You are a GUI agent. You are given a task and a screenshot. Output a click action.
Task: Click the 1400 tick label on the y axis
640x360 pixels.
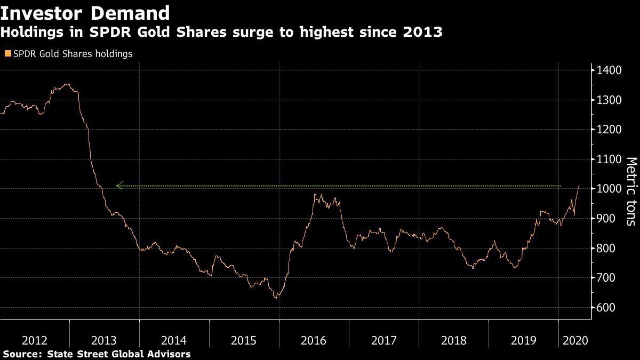click(x=609, y=70)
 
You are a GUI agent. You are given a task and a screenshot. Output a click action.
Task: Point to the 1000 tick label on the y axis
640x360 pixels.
click(x=609, y=189)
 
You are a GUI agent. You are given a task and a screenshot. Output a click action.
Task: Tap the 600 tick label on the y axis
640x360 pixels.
click(x=606, y=308)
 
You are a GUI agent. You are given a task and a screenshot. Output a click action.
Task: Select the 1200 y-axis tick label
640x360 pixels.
click(x=609, y=130)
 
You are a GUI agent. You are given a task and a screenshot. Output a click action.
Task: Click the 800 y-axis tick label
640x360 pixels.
click(x=606, y=249)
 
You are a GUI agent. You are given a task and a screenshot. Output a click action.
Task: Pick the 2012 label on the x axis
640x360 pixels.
click(x=35, y=340)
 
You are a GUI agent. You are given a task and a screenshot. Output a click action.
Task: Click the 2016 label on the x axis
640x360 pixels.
click(x=314, y=340)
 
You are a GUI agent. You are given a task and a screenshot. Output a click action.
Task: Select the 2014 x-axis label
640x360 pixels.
click(x=174, y=340)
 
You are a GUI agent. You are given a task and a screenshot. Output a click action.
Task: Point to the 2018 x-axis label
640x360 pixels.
click(x=453, y=340)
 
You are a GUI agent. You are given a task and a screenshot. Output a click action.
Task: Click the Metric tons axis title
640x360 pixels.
click(x=631, y=198)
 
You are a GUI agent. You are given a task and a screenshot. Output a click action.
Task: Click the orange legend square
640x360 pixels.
click(x=7, y=54)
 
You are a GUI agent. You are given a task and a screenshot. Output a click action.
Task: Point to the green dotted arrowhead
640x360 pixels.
click(x=119, y=186)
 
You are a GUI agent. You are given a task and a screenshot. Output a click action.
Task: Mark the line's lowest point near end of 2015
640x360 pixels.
click(x=276, y=297)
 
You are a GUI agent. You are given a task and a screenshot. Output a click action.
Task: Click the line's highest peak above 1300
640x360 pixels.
click(x=66, y=84)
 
